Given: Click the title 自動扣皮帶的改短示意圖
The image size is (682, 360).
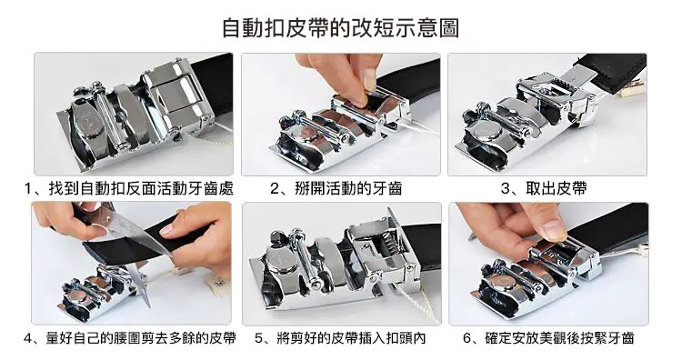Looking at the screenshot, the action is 341,28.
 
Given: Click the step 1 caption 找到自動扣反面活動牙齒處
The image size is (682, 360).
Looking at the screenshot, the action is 141,189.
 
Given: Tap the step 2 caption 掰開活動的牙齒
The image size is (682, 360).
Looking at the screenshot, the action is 348,189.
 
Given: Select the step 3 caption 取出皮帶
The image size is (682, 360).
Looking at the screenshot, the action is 557,189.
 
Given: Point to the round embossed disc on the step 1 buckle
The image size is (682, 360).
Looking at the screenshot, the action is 89,124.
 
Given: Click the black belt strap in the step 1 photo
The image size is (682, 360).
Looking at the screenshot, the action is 215,84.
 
